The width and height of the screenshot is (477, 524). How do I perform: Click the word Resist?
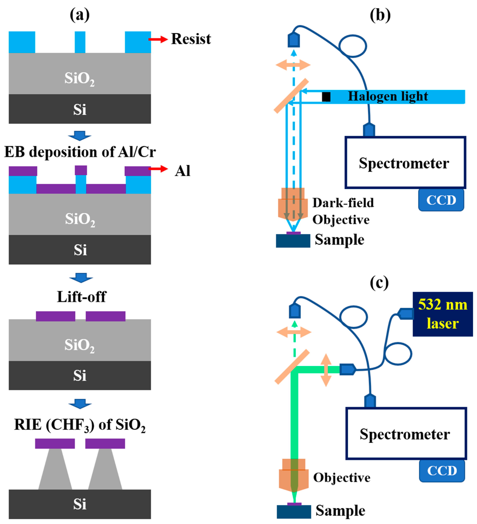coord(191,39)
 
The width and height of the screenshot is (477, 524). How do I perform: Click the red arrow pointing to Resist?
coord(158,39)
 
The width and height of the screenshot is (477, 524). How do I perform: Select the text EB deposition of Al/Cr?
coord(80,152)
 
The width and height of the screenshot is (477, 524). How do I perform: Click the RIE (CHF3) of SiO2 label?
coord(80,425)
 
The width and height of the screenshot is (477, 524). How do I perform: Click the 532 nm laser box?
coord(442,314)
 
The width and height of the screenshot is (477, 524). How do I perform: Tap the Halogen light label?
coord(388,96)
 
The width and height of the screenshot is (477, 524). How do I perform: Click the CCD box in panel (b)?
coord(441,200)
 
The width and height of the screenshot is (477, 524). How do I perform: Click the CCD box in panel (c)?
coord(442,471)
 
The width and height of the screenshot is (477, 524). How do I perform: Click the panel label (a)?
coord(79,15)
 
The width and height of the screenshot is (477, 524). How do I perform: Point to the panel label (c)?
coord(379,283)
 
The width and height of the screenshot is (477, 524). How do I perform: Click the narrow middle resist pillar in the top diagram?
coord(80,42)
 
